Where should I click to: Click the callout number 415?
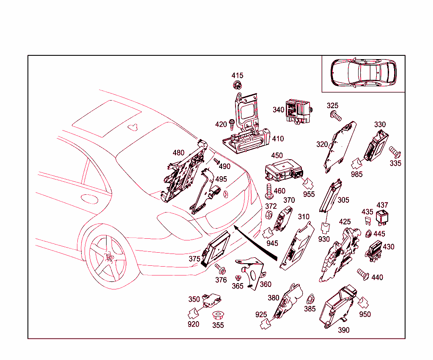pyautogui.click(x=237, y=76)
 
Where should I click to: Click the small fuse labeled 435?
pyautogui.click(x=367, y=221)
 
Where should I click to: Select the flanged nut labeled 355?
pyautogui.click(x=218, y=316)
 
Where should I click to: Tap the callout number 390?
pyautogui.click(x=344, y=330)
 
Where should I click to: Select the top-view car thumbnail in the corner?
pyautogui.click(x=363, y=73)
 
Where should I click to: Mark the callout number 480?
pyautogui.click(x=178, y=153)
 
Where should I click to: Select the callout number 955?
pyautogui.click(x=309, y=194)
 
